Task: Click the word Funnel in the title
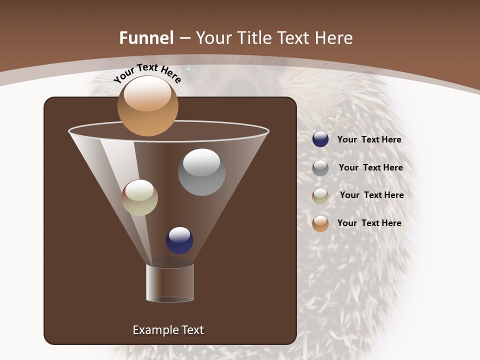tap(146, 38)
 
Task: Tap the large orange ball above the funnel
tap(147, 106)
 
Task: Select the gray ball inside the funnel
tap(201, 172)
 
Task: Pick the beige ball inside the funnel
tap(139, 198)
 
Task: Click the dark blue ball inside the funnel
tap(179, 240)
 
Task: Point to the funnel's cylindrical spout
tap(170, 283)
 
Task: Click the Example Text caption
tap(168, 330)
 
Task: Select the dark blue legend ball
tap(320, 139)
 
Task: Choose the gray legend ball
tap(320, 168)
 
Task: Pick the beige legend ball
tap(320, 196)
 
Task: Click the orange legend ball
tap(320, 223)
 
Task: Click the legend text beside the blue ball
tap(369, 140)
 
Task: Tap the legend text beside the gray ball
tap(370, 168)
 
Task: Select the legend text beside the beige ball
tap(371, 195)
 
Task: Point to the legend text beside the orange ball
tap(369, 223)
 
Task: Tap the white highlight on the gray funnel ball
tap(201, 162)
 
